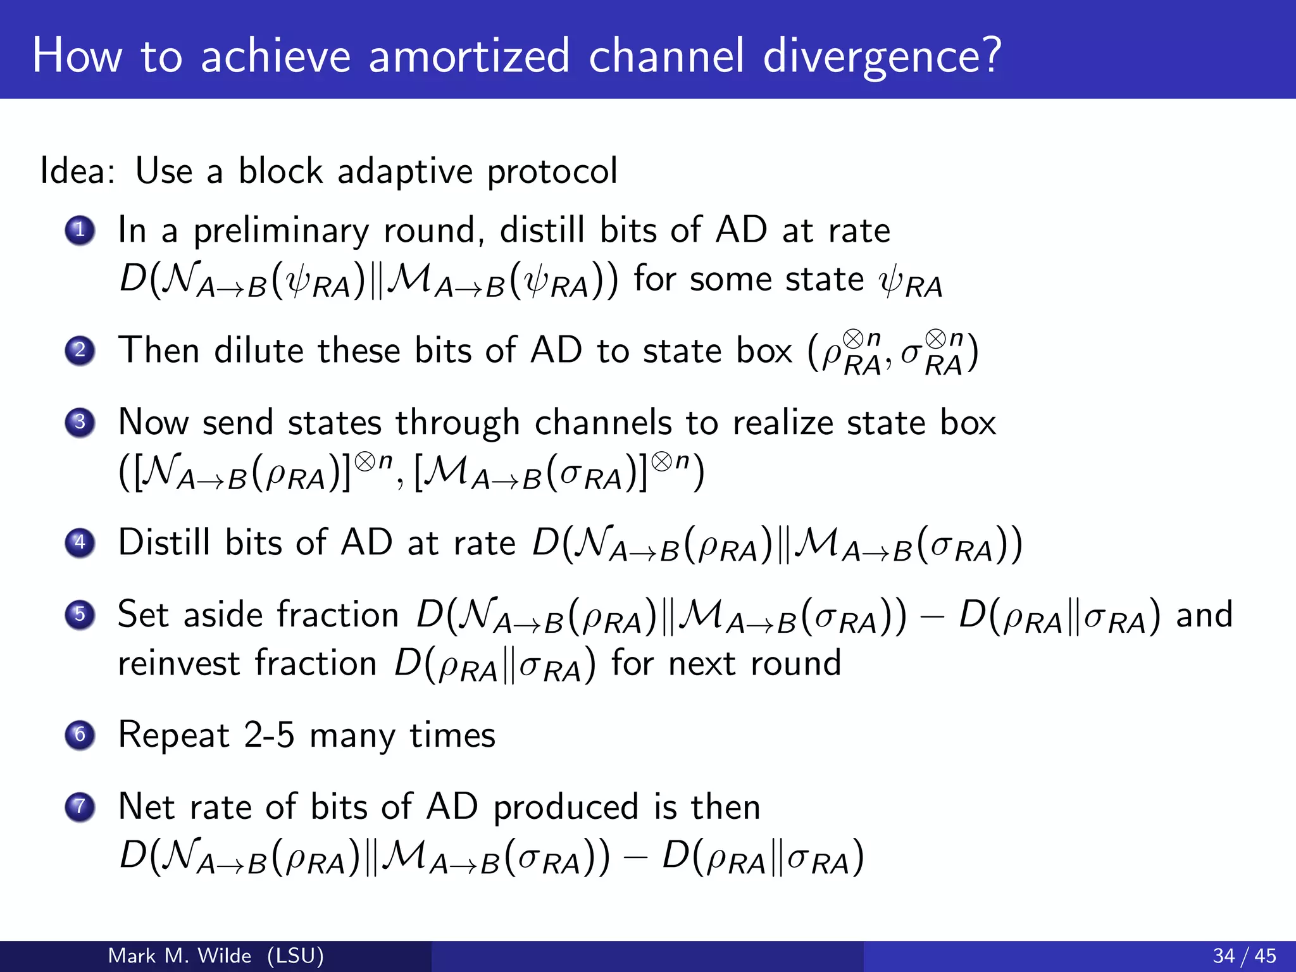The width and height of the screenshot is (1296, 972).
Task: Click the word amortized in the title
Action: tap(469, 56)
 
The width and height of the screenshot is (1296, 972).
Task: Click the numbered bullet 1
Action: tap(80, 230)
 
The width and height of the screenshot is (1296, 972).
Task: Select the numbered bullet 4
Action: tap(80, 542)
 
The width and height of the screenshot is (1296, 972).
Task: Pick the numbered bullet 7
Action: tap(80, 807)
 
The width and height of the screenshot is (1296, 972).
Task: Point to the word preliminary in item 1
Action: tap(281, 230)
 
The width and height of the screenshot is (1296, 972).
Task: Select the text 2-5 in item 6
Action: tap(269, 735)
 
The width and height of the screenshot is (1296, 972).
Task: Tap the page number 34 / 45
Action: tap(1244, 956)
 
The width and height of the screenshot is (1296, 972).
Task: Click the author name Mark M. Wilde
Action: tap(180, 956)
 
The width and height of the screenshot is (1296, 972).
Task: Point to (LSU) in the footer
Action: tap(296, 956)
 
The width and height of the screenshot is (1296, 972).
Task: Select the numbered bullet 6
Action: tap(80, 735)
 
